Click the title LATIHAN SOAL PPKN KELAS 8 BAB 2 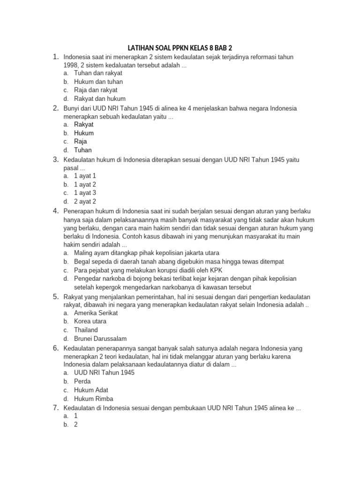180,48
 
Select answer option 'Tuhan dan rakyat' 98,73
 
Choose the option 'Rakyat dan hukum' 99,99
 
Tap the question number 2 55,108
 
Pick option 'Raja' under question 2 80,142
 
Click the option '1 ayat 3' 85,193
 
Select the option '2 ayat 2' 85,202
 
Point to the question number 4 55,211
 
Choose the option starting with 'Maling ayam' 146,253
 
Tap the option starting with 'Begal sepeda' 179,262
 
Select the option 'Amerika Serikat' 96,313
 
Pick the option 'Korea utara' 90,322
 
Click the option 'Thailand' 86,330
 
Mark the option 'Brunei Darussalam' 100,338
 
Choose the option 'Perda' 82,381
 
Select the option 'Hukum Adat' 91,390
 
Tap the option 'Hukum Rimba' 93,399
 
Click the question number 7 55,408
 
